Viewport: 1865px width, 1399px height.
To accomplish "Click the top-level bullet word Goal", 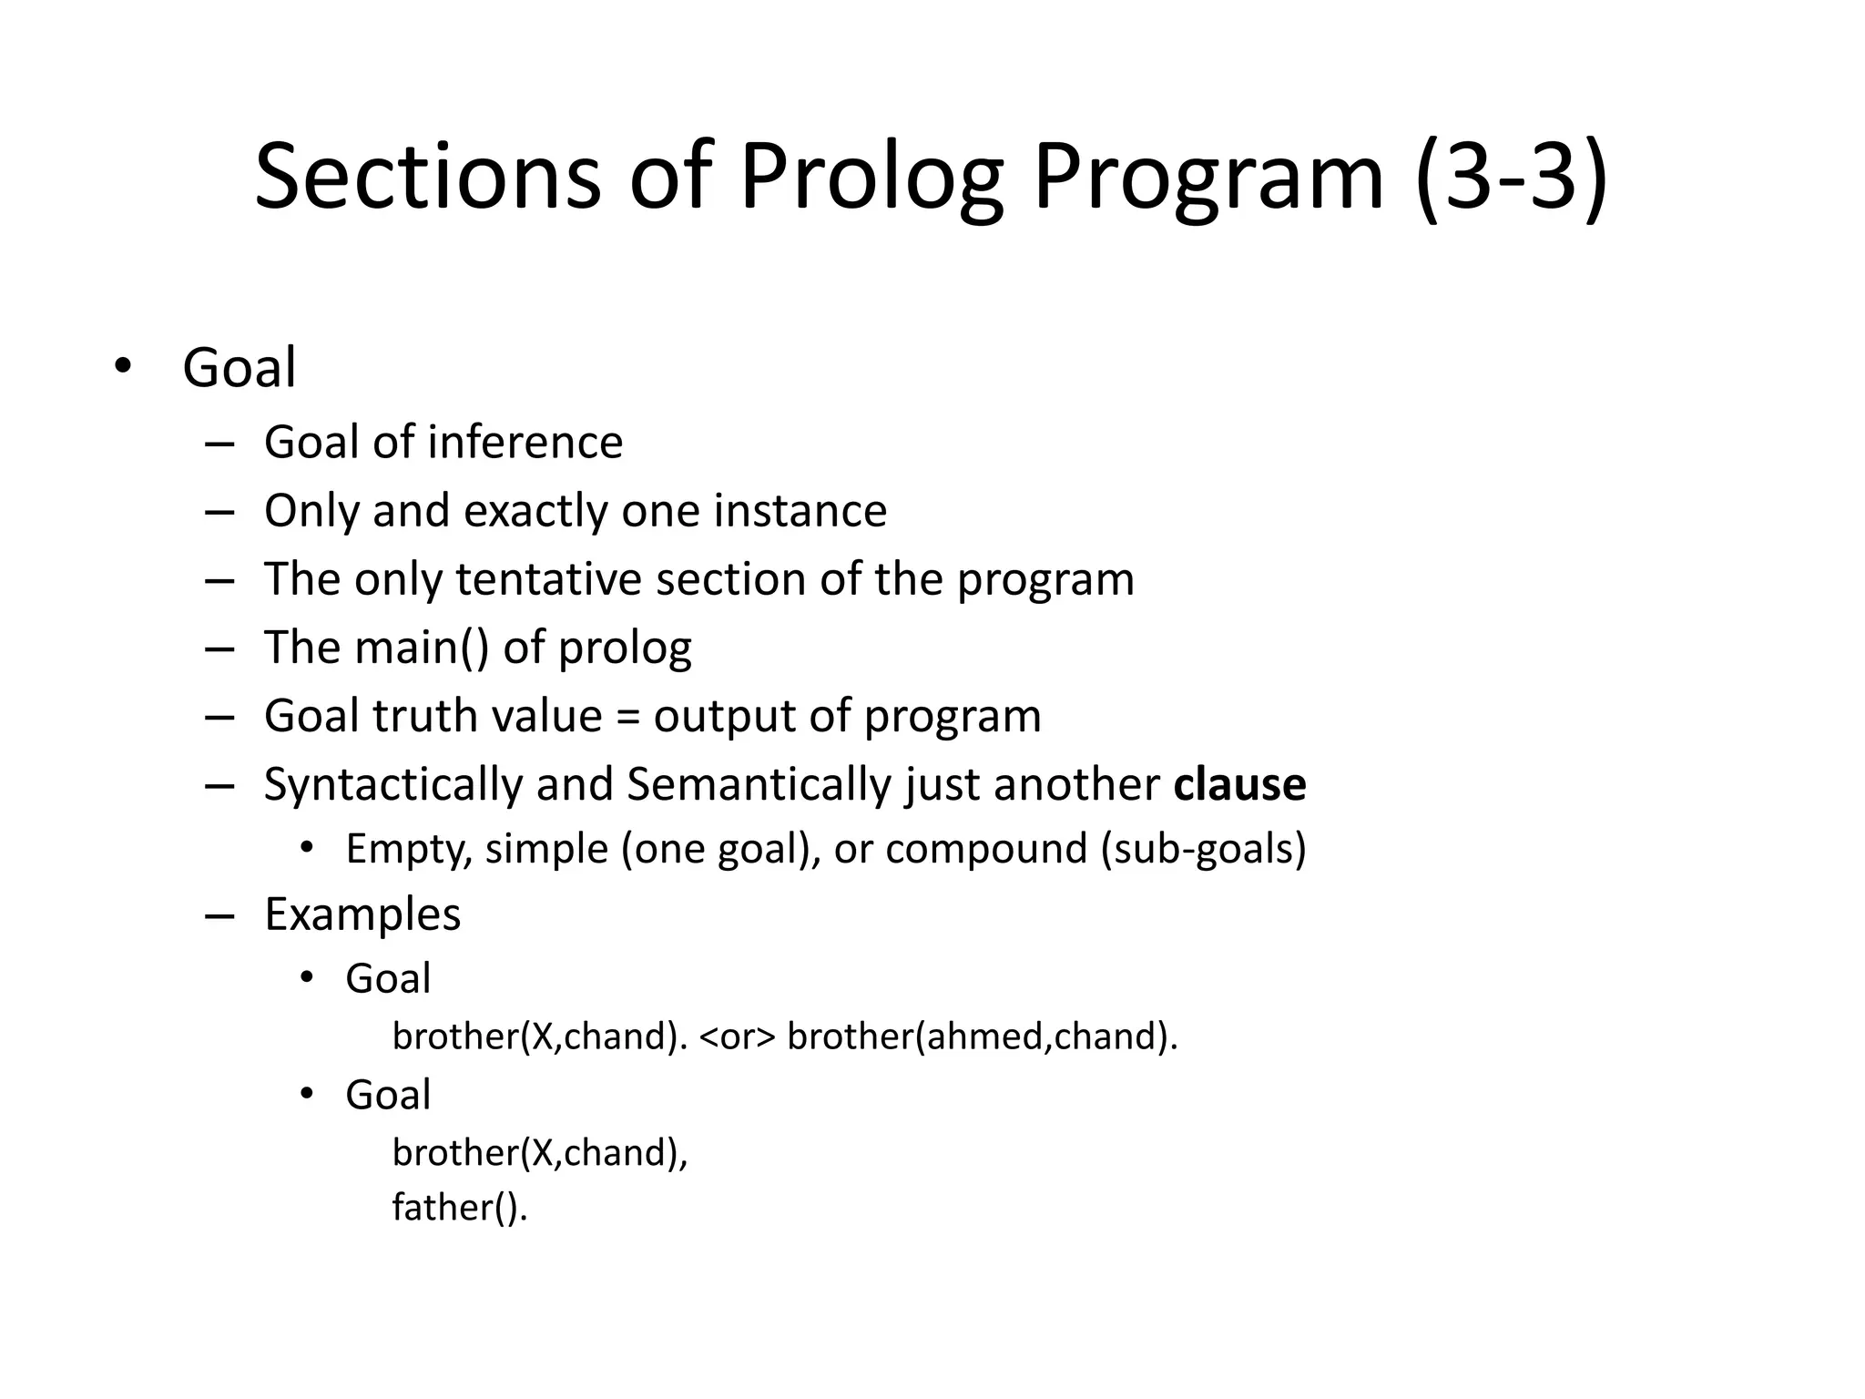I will (x=239, y=368).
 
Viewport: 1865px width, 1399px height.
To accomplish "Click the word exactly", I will (x=536, y=511).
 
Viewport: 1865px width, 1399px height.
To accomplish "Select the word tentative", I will (x=548, y=579).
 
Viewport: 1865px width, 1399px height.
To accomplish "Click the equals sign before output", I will (x=627, y=717).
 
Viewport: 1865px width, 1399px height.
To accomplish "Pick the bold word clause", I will (x=1239, y=785).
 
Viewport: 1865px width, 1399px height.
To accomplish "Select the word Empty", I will (x=409, y=850).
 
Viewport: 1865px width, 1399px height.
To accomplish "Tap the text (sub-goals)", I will (x=1203, y=850).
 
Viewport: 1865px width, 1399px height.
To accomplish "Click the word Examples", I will (x=362, y=914).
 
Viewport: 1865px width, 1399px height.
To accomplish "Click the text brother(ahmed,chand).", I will (x=982, y=1036).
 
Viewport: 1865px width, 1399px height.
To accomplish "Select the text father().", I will (x=460, y=1208).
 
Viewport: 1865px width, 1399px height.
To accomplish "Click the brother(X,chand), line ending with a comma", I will (x=540, y=1153).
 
